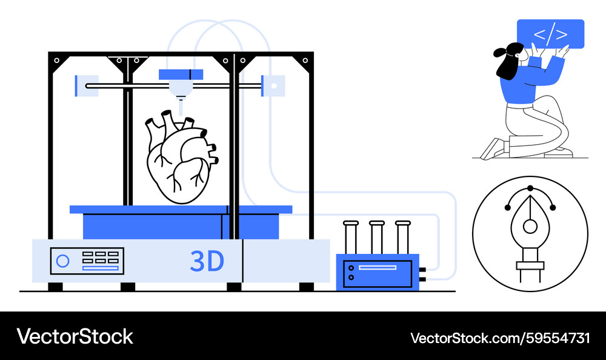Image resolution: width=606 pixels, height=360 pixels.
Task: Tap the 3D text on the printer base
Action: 207,261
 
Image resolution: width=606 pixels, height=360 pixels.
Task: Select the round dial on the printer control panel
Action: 62,261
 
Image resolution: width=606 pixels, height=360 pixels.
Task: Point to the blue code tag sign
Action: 550,34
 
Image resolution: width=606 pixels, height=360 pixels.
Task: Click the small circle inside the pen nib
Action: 530,227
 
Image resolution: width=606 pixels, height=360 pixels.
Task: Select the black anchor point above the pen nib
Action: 530,188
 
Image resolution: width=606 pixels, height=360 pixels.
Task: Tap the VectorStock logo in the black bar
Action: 75,336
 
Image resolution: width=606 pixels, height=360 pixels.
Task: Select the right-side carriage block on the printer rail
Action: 273,85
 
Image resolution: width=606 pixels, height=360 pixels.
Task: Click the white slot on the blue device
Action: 378,267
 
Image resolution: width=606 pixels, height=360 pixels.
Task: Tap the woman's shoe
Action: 491,149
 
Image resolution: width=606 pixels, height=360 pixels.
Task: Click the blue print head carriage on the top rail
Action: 181,75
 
